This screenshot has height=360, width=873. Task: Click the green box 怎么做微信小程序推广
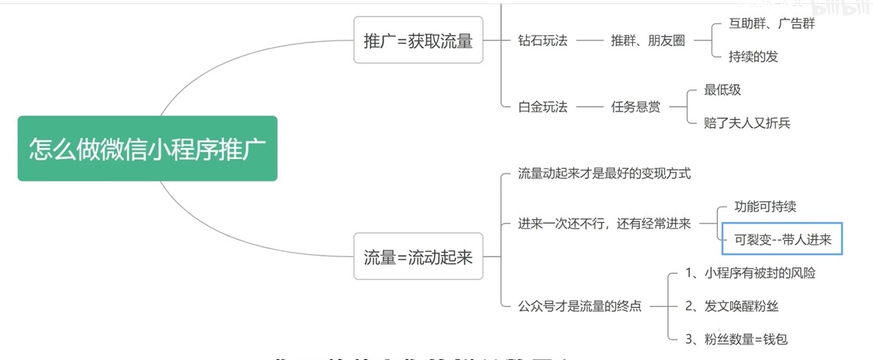pos(147,148)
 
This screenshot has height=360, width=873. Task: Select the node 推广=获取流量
pos(418,41)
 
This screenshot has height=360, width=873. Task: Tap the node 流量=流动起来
pos(418,256)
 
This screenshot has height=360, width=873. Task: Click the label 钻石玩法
pos(543,41)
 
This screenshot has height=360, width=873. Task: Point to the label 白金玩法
pos(543,107)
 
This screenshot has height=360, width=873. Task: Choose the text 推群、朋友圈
pos(648,41)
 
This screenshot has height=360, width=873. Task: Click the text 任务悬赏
pos(635,107)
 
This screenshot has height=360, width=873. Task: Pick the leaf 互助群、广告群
pos(772,23)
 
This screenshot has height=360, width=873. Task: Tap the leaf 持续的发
pos(753,56)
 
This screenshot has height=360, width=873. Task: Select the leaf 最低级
pos(723,90)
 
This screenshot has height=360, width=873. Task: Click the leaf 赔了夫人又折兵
pos(747,123)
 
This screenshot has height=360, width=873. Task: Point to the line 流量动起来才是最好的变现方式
pos(604,173)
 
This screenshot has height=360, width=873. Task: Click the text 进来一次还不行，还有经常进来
pos(604,224)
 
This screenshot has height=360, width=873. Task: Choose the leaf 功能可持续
pos(765,206)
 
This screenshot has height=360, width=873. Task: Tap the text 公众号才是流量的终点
pos(580,306)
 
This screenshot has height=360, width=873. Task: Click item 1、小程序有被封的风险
pos(751,273)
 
